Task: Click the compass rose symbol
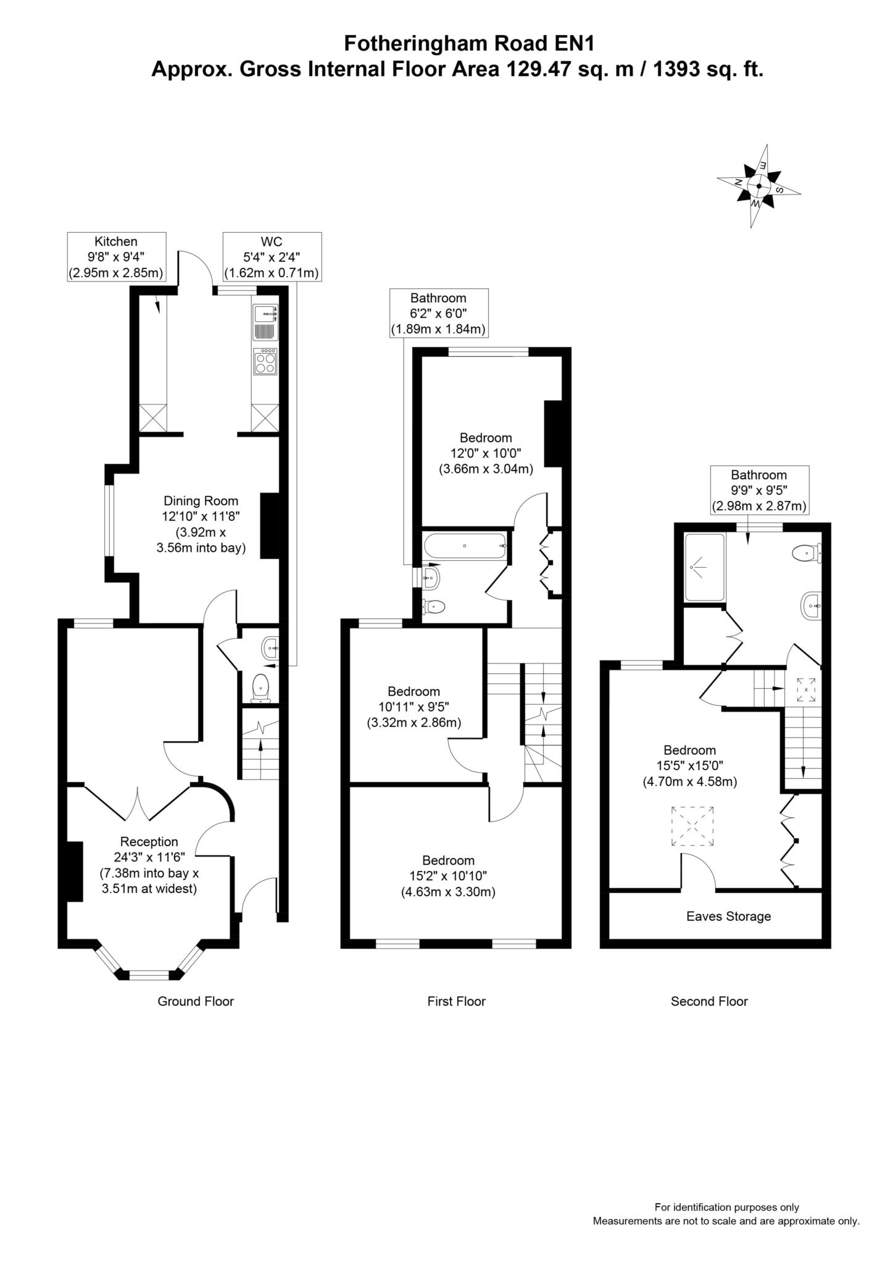coord(758,186)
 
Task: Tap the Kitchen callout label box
coord(117,257)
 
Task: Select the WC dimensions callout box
coord(272,257)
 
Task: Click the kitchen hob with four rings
coord(266,362)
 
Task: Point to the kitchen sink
coord(266,322)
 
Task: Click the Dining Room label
coord(201,524)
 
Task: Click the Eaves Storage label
coord(729,917)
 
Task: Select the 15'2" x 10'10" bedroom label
coord(449,876)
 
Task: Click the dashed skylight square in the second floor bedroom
coord(692,826)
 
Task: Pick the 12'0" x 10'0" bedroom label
coord(486,454)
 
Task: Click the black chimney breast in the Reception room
coord(75,871)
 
